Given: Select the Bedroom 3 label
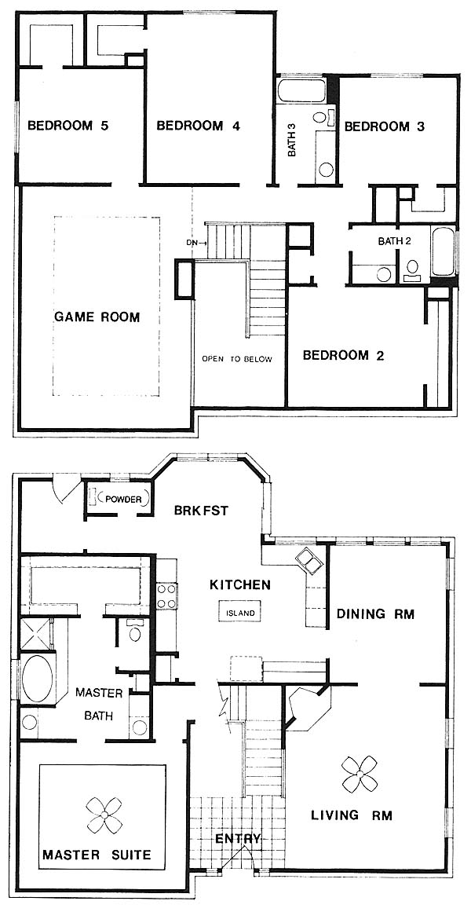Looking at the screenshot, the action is pyautogui.click(x=385, y=126).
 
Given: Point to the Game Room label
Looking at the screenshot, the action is pyautogui.click(x=97, y=317).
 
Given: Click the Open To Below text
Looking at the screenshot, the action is pyautogui.click(x=236, y=359).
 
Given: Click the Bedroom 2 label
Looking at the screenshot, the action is pyautogui.click(x=344, y=355).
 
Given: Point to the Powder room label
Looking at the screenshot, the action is pyautogui.click(x=124, y=499).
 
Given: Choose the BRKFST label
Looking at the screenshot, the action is pyautogui.click(x=201, y=511).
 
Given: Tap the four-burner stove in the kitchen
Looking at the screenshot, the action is pyautogui.click(x=166, y=595).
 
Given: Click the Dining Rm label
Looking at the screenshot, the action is pyautogui.click(x=376, y=613).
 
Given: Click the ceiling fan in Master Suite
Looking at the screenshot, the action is pyautogui.click(x=104, y=815).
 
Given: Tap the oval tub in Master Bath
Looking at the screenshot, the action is pyautogui.click(x=38, y=680).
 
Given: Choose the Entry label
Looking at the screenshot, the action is pyautogui.click(x=238, y=839).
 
